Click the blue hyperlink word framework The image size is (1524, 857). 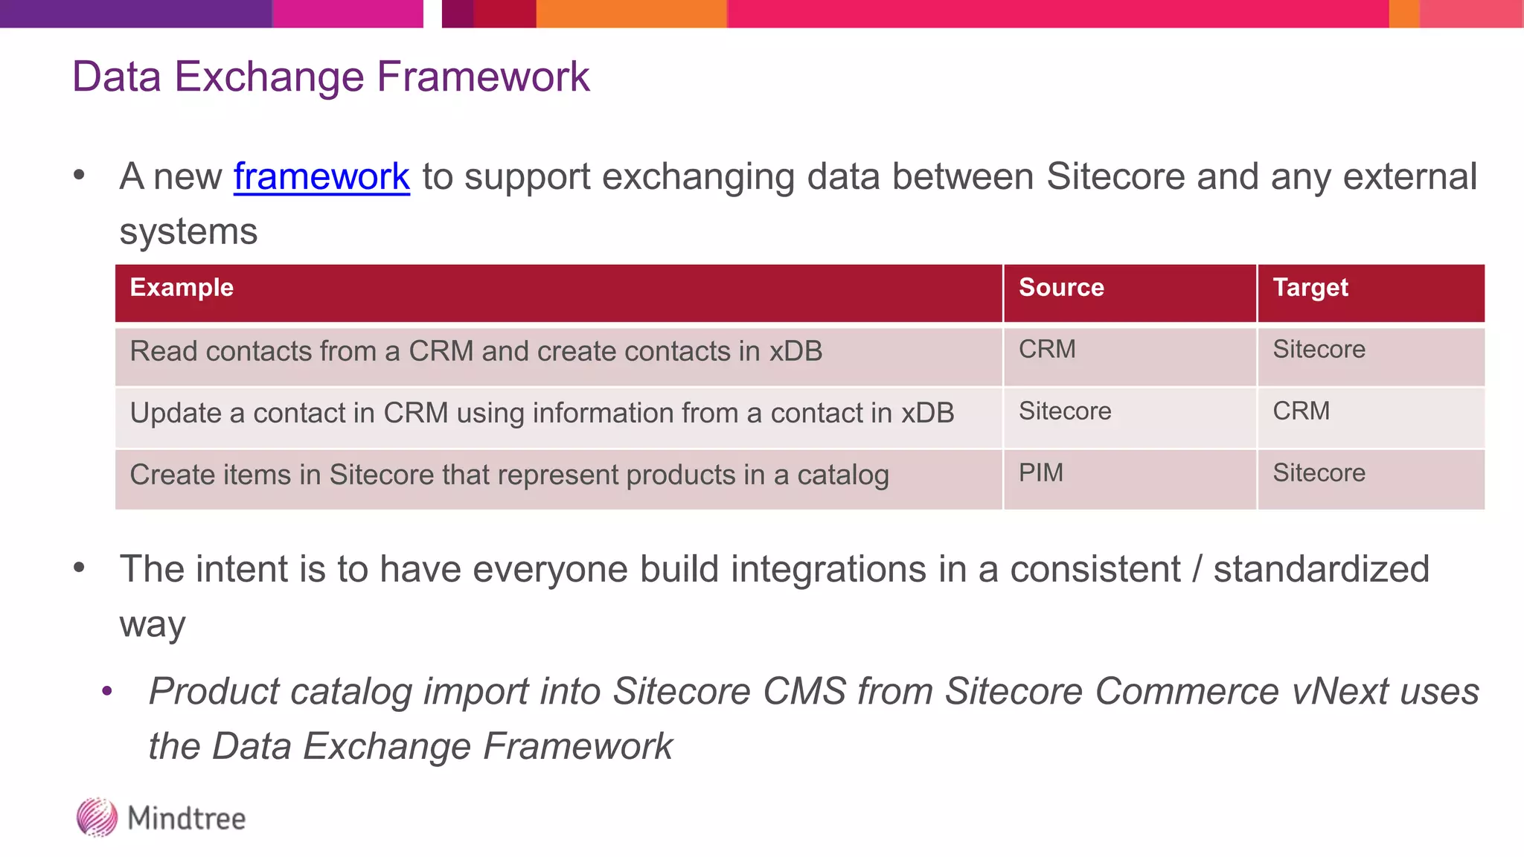pyautogui.click(x=321, y=177)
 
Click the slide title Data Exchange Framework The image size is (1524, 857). pyautogui.click(x=330, y=77)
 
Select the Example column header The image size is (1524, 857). pyautogui.click(x=182, y=288)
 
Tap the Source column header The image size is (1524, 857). pyautogui.click(x=1061, y=288)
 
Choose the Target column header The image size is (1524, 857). pyautogui.click(x=1310, y=288)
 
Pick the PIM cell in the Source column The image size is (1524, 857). pyautogui.click(x=1040, y=473)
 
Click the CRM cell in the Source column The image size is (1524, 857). pyautogui.click(x=1047, y=350)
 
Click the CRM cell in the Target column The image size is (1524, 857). pyautogui.click(x=1301, y=411)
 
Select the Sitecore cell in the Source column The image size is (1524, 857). pyautogui.click(x=1065, y=411)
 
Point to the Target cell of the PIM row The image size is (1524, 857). pyautogui.click(x=1319, y=473)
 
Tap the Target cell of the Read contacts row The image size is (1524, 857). pyautogui.click(x=1319, y=350)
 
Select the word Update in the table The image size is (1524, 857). pyautogui.click(x=175, y=414)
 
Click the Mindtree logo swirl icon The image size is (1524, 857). pyautogui.click(x=97, y=818)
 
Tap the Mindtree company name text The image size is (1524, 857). pyautogui.click(x=186, y=818)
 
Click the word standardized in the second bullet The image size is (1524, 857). pyautogui.click(x=1321, y=570)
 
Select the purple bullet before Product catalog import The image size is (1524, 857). pyautogui.click(x=107, y=692)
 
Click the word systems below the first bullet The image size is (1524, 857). pyautogui.click(x=188, y=232)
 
